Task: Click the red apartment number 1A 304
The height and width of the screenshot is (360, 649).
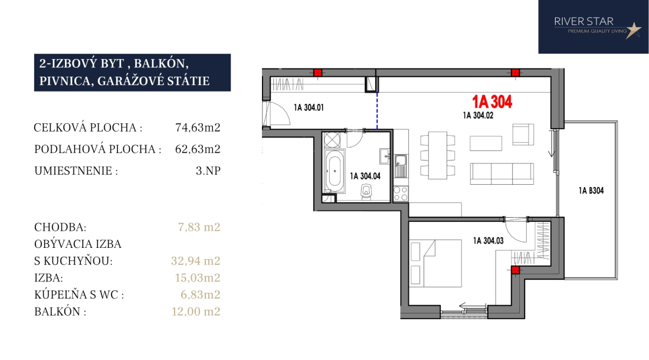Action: click(492, 102)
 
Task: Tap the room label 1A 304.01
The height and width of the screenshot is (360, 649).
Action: click(309, 107)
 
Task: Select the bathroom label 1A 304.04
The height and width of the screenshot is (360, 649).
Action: click(365, 176)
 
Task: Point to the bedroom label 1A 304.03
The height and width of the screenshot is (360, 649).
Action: click(489, 241)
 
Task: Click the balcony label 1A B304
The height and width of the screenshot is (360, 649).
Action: click(591, 191)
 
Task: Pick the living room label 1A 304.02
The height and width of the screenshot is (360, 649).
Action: click(478, 116)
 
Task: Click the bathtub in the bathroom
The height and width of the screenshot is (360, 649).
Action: click(335, 171)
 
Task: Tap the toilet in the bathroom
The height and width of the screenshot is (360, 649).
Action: click(366, 192)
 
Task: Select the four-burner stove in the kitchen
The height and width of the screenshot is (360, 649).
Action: click(400, 194)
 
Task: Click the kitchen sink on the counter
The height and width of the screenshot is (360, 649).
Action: click(401, 165)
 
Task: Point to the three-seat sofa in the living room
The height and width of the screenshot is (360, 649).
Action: click(501, 174)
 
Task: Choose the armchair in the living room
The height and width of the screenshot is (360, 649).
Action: click(523, 135)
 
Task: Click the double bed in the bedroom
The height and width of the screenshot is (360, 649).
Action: click(435, 264)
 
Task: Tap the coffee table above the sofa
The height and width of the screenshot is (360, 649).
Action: click(486, 143)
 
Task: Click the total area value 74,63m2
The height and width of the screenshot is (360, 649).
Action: click(198, 127)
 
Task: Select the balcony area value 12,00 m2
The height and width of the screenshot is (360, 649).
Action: click(196, 312)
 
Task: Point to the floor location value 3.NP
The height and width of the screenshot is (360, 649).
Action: click(208, 171)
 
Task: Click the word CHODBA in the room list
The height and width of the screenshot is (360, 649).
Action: click(60, 227)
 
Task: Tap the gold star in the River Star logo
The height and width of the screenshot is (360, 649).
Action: click(633, 30)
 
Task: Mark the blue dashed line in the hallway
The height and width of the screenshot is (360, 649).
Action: click(377, 110)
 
